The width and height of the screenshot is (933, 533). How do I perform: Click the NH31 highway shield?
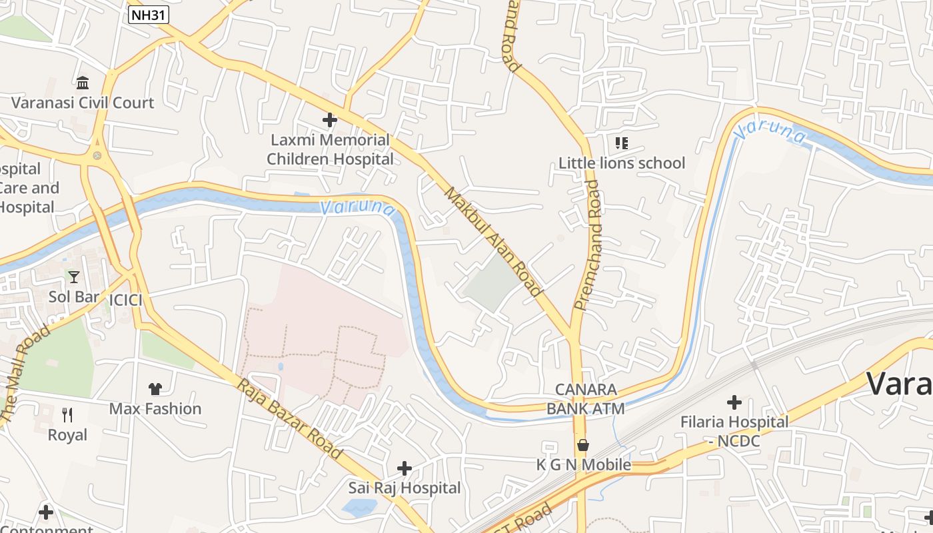click(x=149, y=15)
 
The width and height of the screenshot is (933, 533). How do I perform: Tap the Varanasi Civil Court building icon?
click(x=83, y=83)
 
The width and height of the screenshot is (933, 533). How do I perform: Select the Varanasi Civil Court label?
click(x=83, y=103)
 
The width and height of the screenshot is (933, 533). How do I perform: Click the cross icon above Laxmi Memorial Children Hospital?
click(x=329, y=120)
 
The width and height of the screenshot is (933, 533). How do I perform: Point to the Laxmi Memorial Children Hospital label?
click(x=330, y=150)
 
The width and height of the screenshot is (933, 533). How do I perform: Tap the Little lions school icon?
click(x=621, y=143)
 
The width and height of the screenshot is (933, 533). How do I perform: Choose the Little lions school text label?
click(x=621, y=163)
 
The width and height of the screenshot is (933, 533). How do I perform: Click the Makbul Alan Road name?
click(x=492, y=241)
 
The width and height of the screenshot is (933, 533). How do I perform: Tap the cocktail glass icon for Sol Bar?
click(x=73, y=276)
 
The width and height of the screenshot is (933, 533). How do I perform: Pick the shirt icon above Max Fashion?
click(x=155, y=388)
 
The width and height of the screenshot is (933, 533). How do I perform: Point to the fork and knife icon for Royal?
click(x=67, y=415)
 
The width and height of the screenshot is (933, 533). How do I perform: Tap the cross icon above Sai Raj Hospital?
click(x=404, y=468)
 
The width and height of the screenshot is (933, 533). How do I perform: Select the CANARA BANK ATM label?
click(x=586, y=398)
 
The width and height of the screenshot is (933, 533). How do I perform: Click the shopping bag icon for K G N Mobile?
click(x=583, y=444)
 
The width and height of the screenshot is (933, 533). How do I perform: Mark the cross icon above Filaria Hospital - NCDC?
click(x=734, y=402)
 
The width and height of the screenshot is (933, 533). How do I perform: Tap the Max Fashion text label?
click(x=155, y=408)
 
